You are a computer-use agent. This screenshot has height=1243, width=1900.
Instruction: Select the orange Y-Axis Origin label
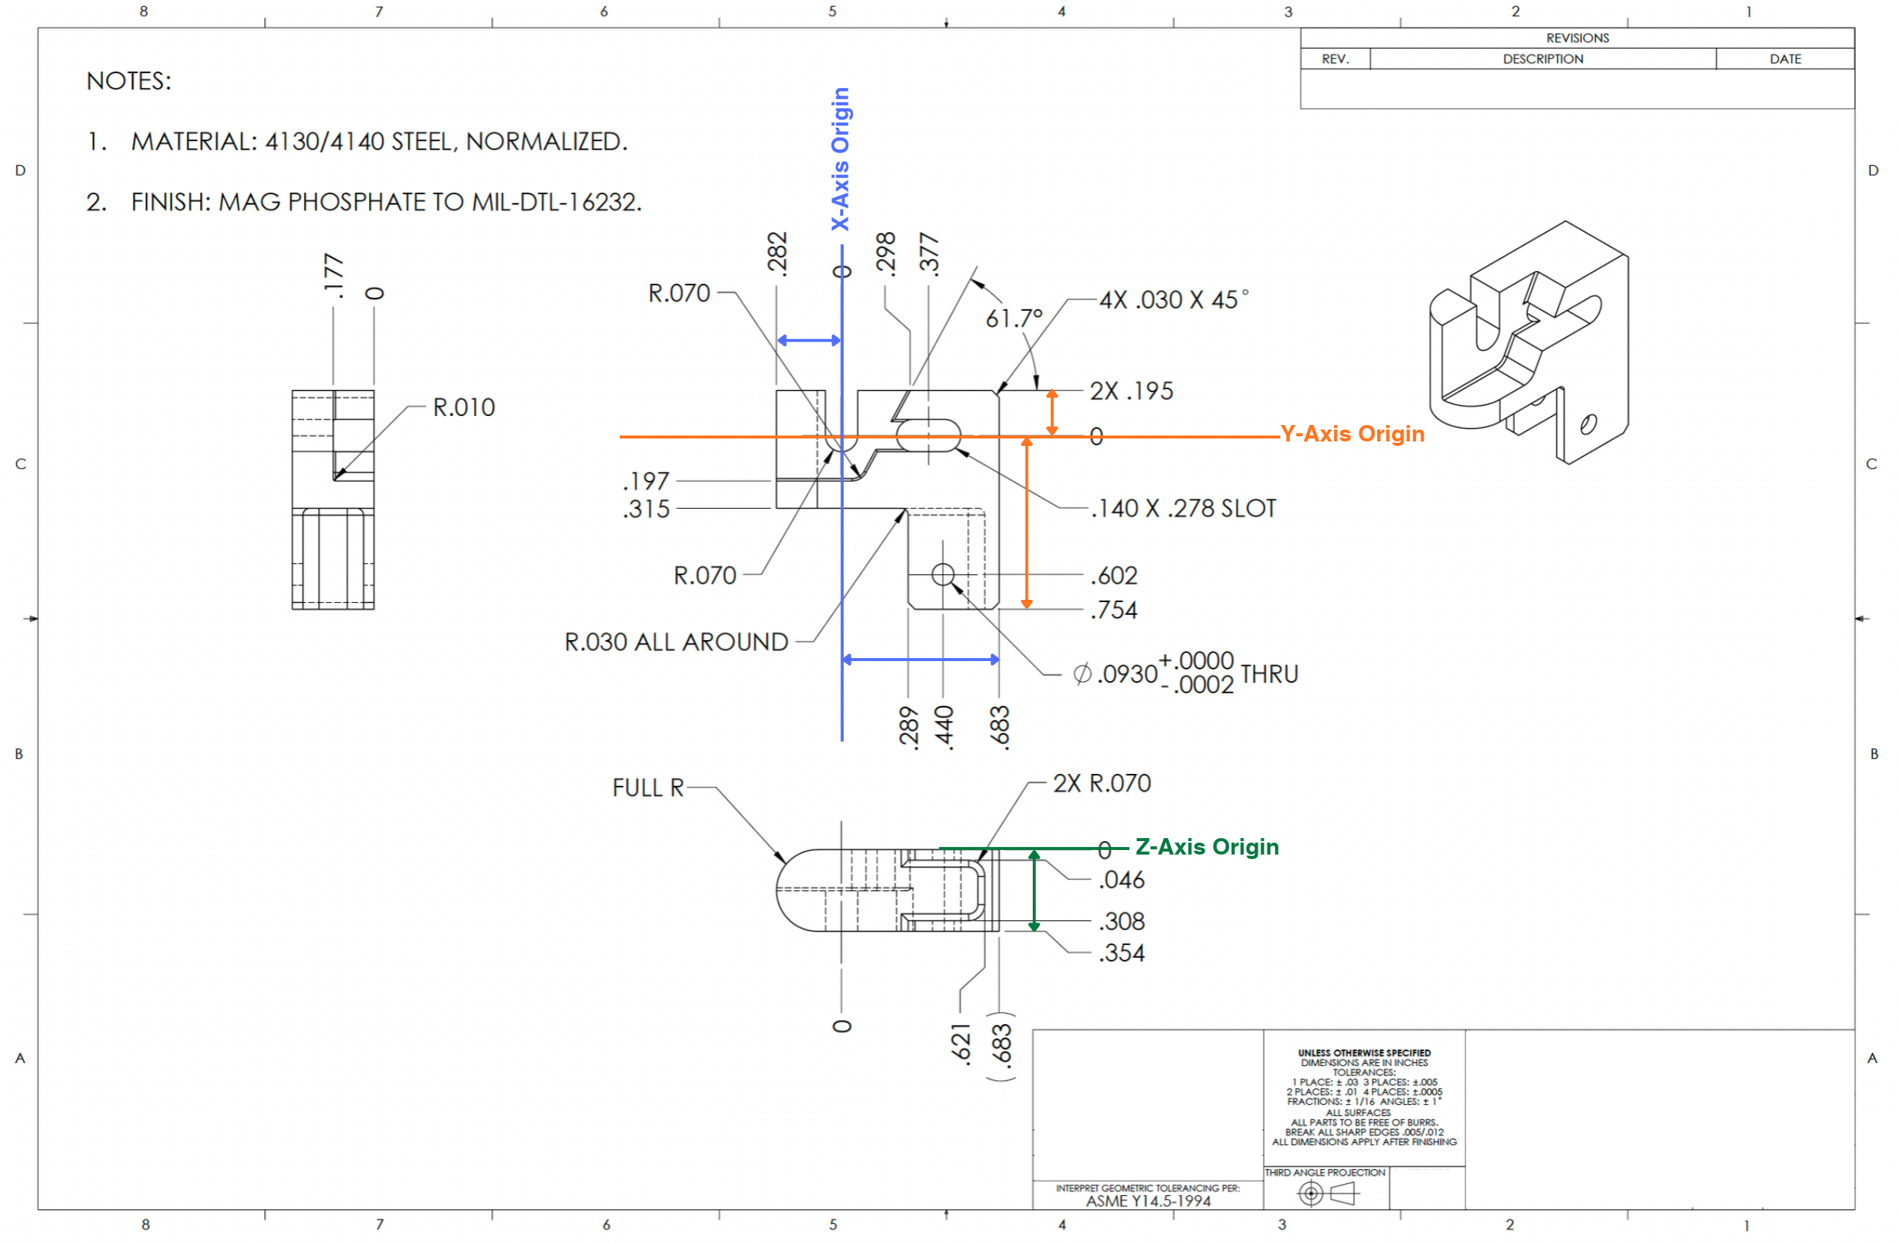click(1353, 433)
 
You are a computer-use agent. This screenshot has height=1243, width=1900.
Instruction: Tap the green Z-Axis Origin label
click(1207, 847)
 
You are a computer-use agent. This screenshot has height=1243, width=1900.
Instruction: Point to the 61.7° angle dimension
click(1014, 318)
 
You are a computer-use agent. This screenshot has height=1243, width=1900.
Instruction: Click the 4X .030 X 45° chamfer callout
click(1173, 300)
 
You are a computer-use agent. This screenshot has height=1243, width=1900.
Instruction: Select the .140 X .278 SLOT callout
click(1184, 509)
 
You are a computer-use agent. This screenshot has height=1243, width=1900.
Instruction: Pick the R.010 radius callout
click(464, 407)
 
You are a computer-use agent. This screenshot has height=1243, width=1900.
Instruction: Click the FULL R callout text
click(648, 788)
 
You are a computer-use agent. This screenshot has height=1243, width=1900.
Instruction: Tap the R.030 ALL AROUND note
click(676, 642)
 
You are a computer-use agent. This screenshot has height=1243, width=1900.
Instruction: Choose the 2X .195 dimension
click(1131, 391)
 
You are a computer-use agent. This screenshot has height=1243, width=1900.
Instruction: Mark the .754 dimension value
click(1114, 610)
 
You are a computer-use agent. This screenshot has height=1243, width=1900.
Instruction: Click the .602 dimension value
click(1114, 576)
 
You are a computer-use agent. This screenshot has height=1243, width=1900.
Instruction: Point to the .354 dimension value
click(1122, 953)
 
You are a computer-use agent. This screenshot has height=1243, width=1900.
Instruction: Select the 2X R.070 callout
click(1102, 783)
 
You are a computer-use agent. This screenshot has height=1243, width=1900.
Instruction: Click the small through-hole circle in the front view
click(943, 574)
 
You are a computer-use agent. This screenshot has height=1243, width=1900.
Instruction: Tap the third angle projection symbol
click(1327, 1194)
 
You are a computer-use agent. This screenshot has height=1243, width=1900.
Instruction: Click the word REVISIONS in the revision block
click(1577, 38)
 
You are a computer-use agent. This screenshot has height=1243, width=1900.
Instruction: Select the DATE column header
click(1786, 59)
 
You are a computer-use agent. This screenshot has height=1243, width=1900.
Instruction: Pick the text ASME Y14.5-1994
click(1148, 1200)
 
